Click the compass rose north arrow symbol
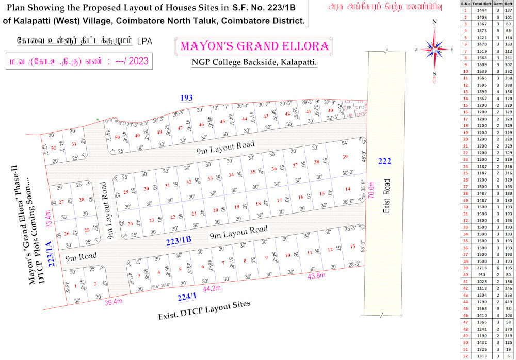click(434, 48)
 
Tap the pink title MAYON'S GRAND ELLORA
click(254, 46)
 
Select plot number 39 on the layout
click(345, 157)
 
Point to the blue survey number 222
click(384, 161)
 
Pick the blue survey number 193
click(186, 97)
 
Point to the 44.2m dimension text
click(212, 288)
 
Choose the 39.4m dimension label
click(112, 302)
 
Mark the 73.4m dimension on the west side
click(49, 219)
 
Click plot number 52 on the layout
click(53, 149)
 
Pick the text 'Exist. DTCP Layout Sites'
click(204, 310)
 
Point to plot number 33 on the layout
click(210, 178)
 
